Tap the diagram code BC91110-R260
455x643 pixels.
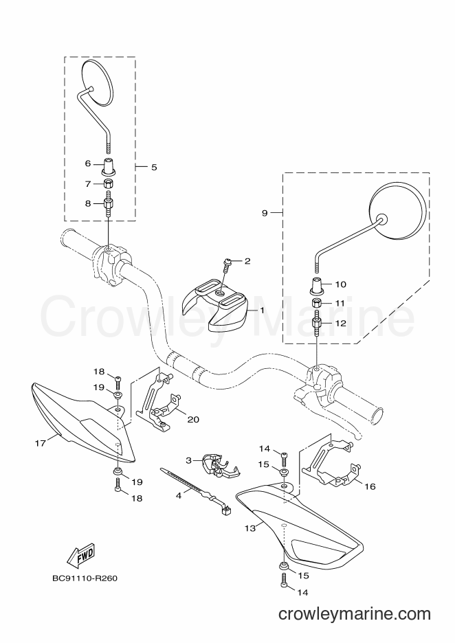click(x=85, y=578)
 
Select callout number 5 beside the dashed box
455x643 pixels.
click(x=154, y=168)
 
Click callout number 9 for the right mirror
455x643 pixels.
click(x=265, y=213)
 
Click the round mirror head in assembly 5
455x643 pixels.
click(x=97, y=82)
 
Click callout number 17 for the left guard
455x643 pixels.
click(x=40, y=443)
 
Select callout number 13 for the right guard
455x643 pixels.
click(x=250, y=528)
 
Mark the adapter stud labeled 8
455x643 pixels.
click(x=109, y=204)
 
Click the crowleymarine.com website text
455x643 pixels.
click(x=355, y=614)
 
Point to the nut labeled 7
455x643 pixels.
click(x=109, y=183)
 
